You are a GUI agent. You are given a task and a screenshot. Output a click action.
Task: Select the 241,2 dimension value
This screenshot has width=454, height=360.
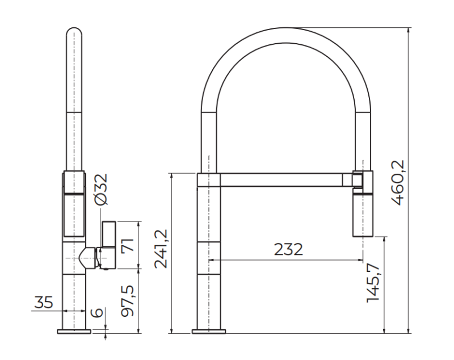click(x=161, y=248)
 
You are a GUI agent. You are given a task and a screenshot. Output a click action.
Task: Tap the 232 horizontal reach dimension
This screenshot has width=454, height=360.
click(x=288, y=249)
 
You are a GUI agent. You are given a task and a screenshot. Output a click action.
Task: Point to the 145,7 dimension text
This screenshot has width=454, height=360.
click(x=373, y=282)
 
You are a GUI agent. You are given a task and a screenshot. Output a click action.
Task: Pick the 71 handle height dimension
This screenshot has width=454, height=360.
click(x=128, y=246)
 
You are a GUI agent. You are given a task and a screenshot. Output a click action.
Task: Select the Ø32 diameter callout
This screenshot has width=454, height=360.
click(x=101, y=190)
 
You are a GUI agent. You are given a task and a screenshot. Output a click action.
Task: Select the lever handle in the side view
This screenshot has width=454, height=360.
click(x=108, y=244)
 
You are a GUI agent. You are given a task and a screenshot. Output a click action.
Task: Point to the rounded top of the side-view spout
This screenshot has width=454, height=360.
click(x=74, y=33)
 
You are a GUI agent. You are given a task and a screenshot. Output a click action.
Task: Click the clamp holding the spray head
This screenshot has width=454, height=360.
click(x=361, y=180)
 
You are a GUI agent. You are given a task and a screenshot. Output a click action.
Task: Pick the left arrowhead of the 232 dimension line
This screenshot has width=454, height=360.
click(x=212, y=260)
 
